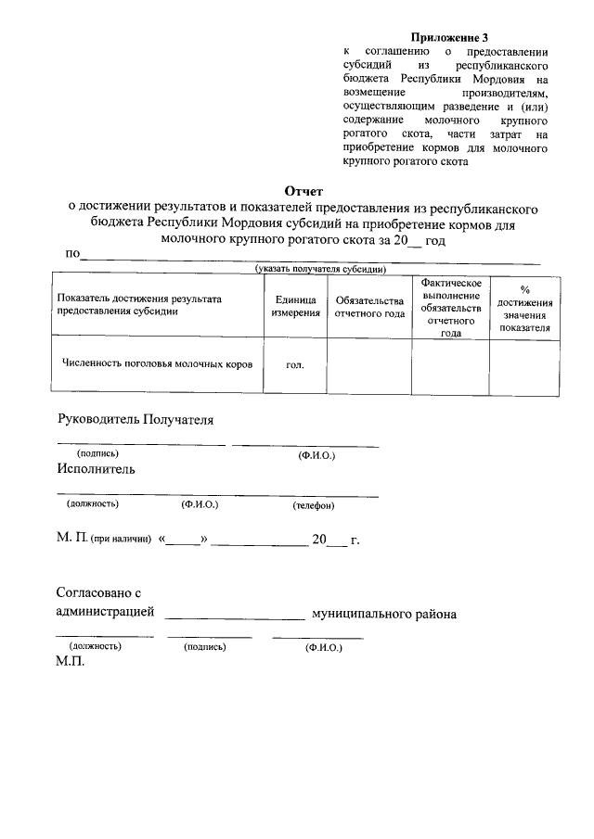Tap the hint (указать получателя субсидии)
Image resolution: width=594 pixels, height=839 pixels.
320,269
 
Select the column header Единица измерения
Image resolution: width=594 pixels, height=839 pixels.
295,307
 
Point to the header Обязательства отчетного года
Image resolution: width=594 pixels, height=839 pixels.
369,307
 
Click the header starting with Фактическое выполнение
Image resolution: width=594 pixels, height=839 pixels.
450,307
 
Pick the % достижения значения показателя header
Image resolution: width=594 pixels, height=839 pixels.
524,308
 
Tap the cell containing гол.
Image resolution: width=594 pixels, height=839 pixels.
295,365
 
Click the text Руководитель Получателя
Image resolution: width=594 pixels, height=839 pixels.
136,420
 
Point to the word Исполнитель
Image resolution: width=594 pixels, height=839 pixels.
96,469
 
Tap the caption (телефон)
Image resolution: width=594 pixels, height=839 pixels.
314,505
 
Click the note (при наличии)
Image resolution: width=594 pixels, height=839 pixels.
122,540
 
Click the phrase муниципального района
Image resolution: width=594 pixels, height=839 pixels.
383,614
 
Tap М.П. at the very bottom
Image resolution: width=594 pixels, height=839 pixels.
71,664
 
